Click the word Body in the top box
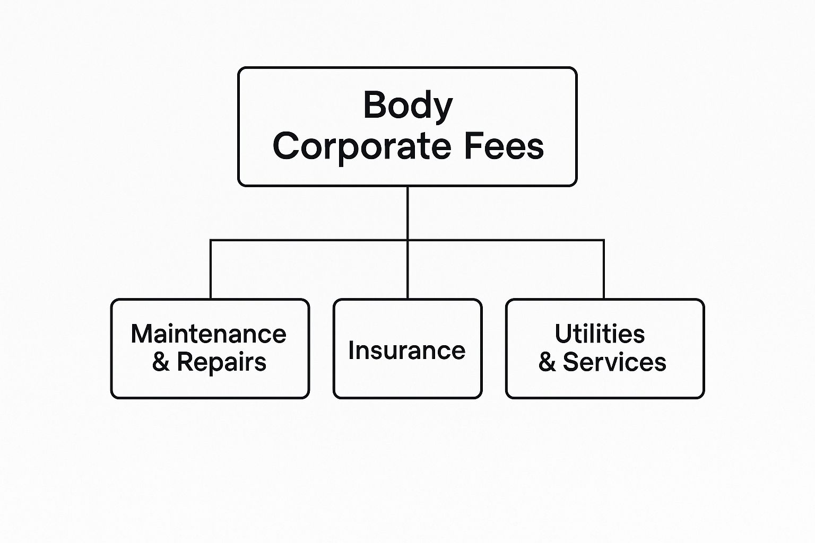[x=408, y=106]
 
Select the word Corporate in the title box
[x=362, y=147]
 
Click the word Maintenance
[x=209, y=334]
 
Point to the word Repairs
[x=222, y=363]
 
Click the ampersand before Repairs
[x=161, y=362]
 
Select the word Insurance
[x=407, y=350]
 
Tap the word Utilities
[x=600, y=333]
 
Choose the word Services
[x=614, y=362]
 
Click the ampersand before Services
[x=547, y=362]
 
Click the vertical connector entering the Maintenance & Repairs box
[x=210, y=269]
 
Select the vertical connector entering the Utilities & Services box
[x=604, y=269]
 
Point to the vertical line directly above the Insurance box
[x=407, y=269]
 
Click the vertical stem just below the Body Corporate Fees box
[x=407, y=213]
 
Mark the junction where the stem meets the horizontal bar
[x=407, y=240]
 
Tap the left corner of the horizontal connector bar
[x=210, y=240]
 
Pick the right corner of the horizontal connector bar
[x=604, y=240]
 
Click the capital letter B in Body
[x=375, y=105]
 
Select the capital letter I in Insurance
[x=351, y=350]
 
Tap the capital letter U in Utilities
[x=563, y=333]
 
